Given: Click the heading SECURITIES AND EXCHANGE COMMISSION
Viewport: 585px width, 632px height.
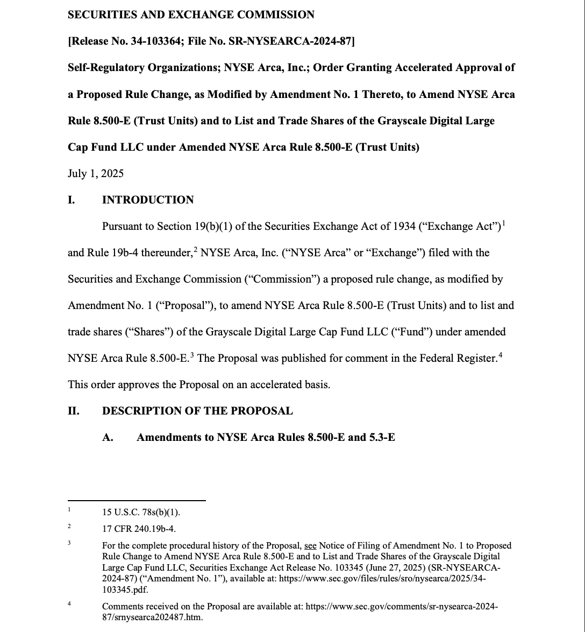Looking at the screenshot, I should [191, 15].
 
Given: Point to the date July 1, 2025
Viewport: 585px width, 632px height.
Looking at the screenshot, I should [96, 173].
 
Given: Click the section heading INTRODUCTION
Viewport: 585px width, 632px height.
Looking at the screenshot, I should [148, 200].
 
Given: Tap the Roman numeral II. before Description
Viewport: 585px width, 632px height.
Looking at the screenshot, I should [74, 411].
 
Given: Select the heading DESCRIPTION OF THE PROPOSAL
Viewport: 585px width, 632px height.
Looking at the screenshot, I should [197, 411].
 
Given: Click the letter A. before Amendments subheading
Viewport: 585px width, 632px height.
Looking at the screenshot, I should [108, 437].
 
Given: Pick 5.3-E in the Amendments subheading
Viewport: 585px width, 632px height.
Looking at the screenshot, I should [382, 437].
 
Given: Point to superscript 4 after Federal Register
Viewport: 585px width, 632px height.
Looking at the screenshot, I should [500, 355].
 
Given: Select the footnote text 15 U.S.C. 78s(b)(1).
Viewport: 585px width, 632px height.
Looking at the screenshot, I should [141, 512].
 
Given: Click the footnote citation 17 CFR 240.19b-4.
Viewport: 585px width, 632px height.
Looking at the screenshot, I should [139, 529].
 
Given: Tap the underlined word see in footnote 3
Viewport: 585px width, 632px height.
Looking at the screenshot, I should [310, 545].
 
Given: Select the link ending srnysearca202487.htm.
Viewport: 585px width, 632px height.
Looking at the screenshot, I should [153, 617].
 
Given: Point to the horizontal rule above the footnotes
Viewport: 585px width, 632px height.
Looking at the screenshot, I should [137, 501].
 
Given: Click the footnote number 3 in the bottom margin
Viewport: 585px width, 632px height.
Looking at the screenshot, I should [69, 543].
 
